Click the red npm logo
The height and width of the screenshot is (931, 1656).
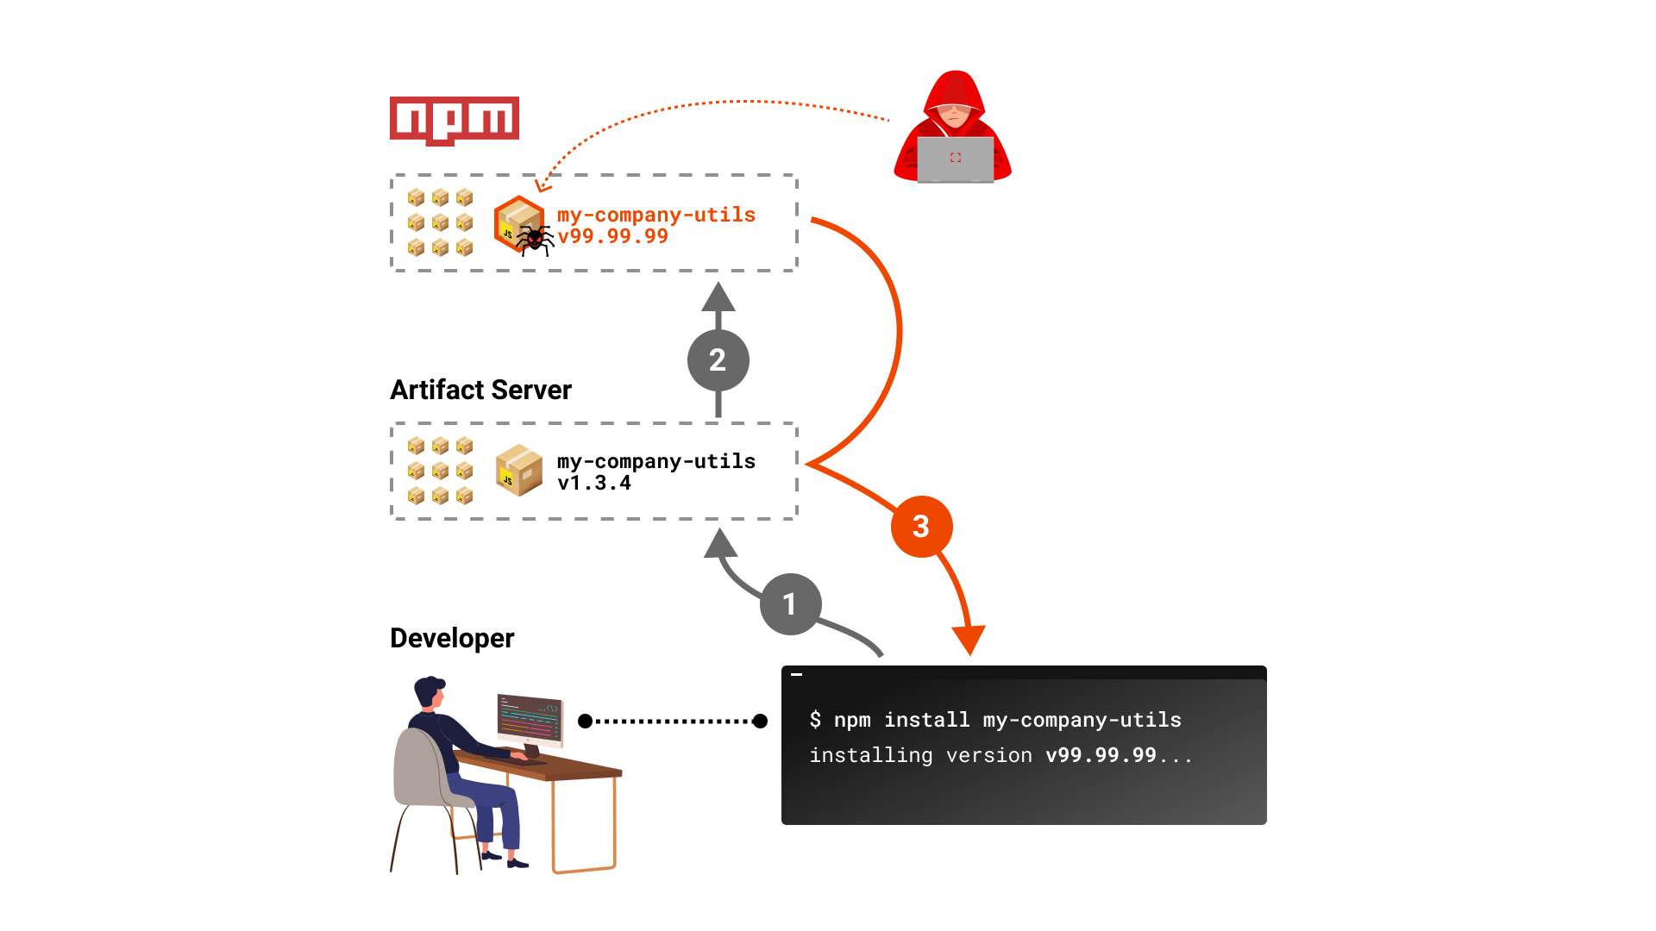[455, 119]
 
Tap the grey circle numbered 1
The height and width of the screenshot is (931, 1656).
[790, 603]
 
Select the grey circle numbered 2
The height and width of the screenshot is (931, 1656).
[718, 359]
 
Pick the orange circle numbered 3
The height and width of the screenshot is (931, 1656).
[921, 526]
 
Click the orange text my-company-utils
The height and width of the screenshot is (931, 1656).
[655, 215]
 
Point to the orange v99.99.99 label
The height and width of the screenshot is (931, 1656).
[612, 236]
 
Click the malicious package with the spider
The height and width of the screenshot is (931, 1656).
[519, 224]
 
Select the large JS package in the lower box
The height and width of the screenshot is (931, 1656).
[519, 471]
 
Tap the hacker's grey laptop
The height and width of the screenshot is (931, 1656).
[955, 159]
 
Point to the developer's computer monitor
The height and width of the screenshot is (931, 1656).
[530, 720]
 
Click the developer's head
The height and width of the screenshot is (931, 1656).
[429, 693]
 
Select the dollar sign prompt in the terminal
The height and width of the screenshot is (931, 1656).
[815, 720]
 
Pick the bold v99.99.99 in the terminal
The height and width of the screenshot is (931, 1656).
[1101, 755]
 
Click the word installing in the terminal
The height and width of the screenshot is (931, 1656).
[870, 755]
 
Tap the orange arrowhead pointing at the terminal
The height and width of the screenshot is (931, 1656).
[969, 640]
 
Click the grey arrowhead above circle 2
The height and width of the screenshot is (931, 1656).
[718, 297]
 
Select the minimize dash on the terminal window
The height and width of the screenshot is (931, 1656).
[797, 674]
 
